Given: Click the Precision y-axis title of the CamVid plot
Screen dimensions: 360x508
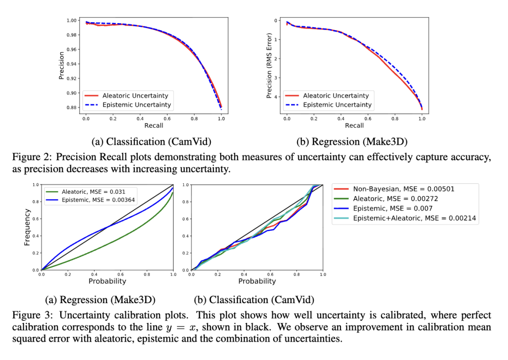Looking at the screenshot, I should [x=61, y=65].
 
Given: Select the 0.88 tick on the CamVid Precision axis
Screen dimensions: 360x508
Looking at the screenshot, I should [x=72, y=107].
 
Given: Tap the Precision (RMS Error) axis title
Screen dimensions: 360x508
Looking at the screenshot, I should [x=269, y=65].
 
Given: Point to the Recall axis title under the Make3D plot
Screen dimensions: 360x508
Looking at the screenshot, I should [x=354, y=125].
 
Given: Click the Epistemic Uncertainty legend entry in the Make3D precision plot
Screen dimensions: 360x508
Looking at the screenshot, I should [x=337, y=105].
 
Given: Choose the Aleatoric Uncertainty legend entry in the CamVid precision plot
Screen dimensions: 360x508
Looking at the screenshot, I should [x=135, y=95].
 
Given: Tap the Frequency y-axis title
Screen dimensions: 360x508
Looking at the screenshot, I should [x=27, y=227].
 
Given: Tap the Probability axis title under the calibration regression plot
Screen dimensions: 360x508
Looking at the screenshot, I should [x=107, y=281].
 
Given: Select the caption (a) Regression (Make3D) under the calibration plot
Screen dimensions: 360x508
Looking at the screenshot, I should [x=100, y=300].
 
